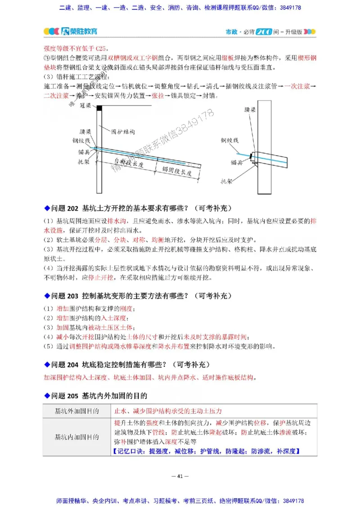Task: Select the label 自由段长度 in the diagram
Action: [x=129, y=164]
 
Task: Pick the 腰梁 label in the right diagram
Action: [x=250, y=109]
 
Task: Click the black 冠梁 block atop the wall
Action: [x=99, y=107]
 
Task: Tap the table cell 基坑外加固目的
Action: [x=77, y=411]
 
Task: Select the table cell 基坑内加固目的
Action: [x=77, y=436]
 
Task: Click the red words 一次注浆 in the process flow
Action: [x=297, y=86]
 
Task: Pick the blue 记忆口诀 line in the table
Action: [x=207, y=451]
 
